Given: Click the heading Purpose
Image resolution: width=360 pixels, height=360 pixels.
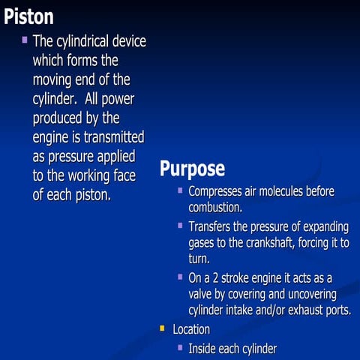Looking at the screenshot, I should coord(192,168).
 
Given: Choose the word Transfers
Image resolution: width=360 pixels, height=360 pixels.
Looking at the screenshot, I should coord(211,226).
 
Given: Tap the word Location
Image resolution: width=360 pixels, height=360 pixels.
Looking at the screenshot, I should coord(191,329).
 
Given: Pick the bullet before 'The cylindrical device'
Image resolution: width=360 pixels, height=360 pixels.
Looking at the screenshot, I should coord(25,39).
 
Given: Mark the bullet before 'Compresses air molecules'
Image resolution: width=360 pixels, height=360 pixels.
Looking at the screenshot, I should coord(180,190).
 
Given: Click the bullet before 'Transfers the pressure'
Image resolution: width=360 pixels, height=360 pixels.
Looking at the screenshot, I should coord(180,224).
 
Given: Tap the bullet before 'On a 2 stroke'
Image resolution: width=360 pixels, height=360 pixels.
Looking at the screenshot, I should coord(180,277).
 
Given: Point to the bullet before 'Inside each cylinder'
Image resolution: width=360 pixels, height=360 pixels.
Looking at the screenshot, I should coord(180,346).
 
